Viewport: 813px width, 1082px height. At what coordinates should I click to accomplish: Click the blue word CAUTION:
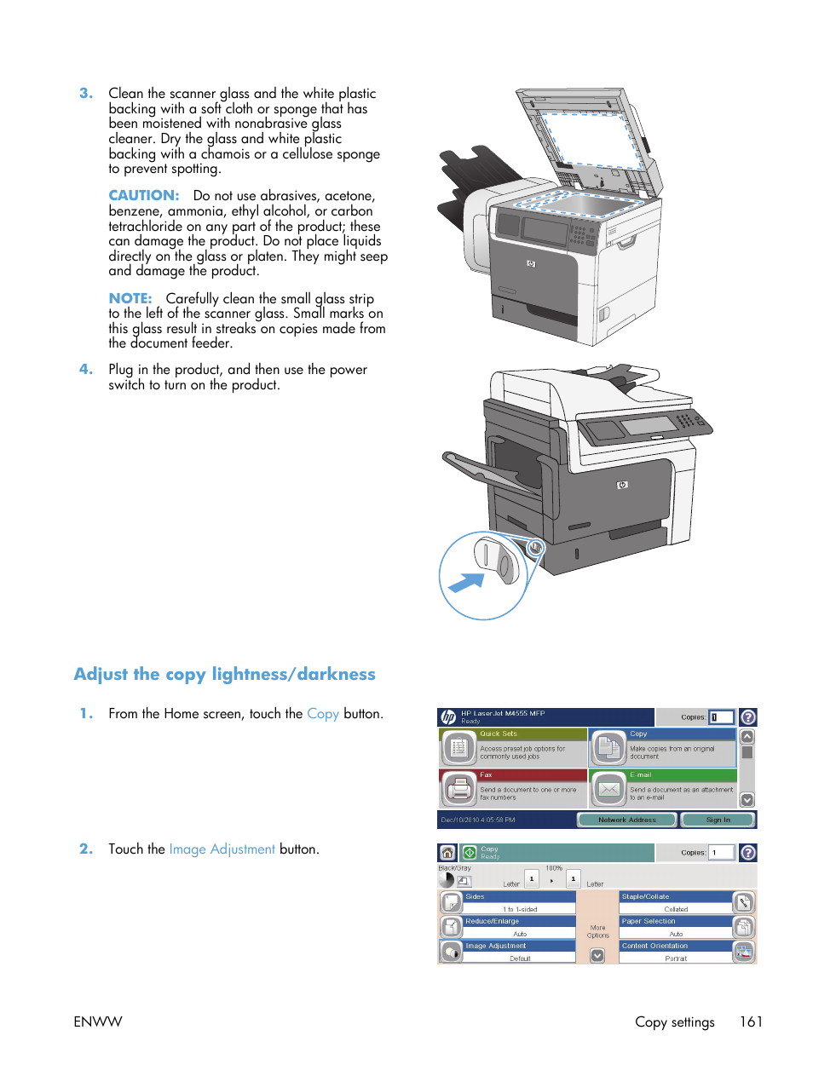point(143,196)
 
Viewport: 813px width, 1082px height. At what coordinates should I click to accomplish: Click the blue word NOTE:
point(130,299)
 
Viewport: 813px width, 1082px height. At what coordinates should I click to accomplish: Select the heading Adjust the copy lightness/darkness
point(224,675)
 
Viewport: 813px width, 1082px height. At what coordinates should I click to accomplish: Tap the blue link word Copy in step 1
point(323,714)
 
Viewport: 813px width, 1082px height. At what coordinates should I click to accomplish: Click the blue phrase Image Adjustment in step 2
point(222,849)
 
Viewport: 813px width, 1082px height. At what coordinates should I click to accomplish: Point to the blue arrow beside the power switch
point(466,583)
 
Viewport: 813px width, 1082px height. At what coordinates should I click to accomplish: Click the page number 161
point(751,1022)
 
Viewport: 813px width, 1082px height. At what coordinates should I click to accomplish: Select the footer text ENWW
point(98,1022)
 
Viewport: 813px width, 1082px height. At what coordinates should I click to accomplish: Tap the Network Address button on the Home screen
point(627,820)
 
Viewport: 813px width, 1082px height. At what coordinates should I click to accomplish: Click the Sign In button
point(718,820)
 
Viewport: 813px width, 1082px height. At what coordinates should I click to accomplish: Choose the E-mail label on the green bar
point(642,775)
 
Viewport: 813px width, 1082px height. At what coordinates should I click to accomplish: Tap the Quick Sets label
point(499,734)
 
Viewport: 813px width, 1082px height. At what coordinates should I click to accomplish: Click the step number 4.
point(86,370)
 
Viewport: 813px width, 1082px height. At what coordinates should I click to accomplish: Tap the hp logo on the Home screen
point(448,717)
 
